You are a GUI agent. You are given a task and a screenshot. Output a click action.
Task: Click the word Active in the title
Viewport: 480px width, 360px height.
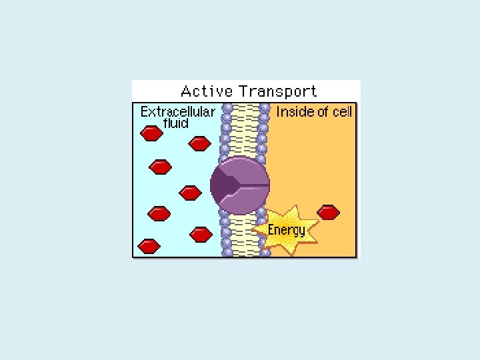pyautogui.click(x=207, y=91)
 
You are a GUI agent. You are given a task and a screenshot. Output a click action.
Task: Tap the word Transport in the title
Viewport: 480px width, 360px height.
pyautogui.click(x=278, y=91)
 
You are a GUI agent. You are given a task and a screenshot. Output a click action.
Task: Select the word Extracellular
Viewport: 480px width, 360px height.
pyautogui.click(x=177, y=111)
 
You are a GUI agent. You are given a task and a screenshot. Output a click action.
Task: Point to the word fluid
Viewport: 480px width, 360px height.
pyautogui.click(x=176, y=123)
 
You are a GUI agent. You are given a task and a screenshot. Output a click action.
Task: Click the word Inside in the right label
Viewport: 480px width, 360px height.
pyautogui.click(x=294, y=111)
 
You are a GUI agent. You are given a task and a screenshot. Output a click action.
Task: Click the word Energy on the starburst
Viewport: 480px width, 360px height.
pyautogui.click(x=286, y=230)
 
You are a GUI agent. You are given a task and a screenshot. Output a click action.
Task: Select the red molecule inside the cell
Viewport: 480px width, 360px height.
pyautogui.click(x=328, y=212)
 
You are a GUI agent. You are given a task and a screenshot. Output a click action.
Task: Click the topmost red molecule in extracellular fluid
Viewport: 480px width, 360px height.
pyautogui.click(x=151, y=133)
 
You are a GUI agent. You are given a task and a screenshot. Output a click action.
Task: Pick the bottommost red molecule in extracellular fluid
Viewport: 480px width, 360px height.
pyautogui.click(x=149, y=246)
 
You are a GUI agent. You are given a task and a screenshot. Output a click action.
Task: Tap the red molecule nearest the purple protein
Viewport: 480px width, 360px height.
pyautogui.click(x=191, y=193)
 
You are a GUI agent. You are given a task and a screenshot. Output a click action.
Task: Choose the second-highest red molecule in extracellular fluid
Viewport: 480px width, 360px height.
pyautogui.click(x=199, y=143)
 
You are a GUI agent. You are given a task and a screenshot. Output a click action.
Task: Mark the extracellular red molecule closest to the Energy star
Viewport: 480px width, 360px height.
pyautogui.click(x=201, y=234)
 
